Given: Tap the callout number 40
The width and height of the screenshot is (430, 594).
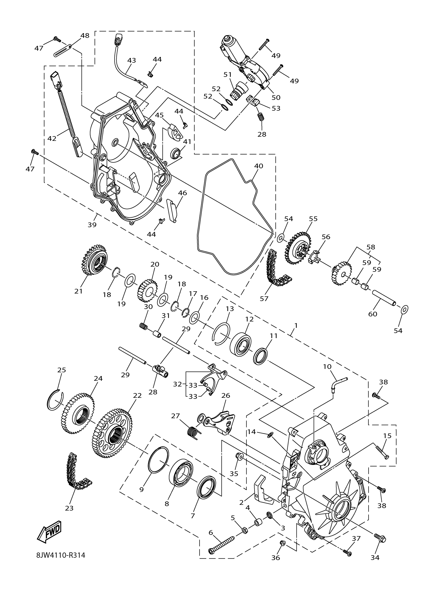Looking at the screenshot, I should [259, 166].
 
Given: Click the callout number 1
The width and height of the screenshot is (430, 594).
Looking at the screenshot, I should [296, 325].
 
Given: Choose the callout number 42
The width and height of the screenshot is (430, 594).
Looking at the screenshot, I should [52, 138].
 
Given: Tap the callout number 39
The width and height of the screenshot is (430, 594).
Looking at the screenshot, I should [92, 224].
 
